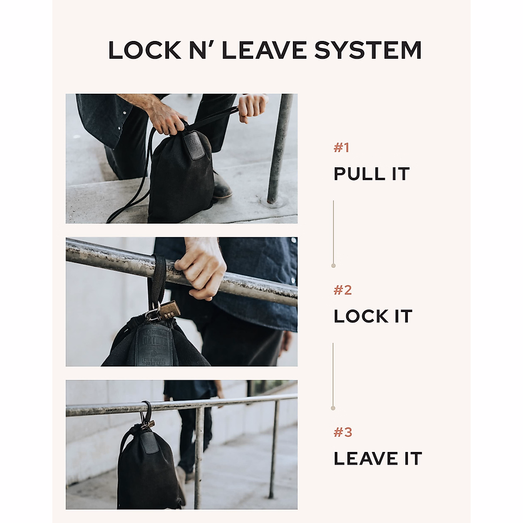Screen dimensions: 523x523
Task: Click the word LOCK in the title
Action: click(x=144, y=50)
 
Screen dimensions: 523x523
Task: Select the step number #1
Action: click(x=341, y=148)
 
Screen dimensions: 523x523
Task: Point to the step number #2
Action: click(x=342, y=290)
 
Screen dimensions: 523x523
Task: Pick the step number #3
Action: click(x=343, y=432)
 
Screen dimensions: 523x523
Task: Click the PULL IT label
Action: click(x=371, y=174)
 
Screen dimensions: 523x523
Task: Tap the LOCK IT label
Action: click(x=373, y=316)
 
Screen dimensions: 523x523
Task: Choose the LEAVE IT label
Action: click(x=377, y=458)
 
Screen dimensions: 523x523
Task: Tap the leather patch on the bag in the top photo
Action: click(x=192, y=146)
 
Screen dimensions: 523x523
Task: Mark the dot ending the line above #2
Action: click(x=333, y=265)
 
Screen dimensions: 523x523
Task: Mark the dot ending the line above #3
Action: click(x=333, y=408)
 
